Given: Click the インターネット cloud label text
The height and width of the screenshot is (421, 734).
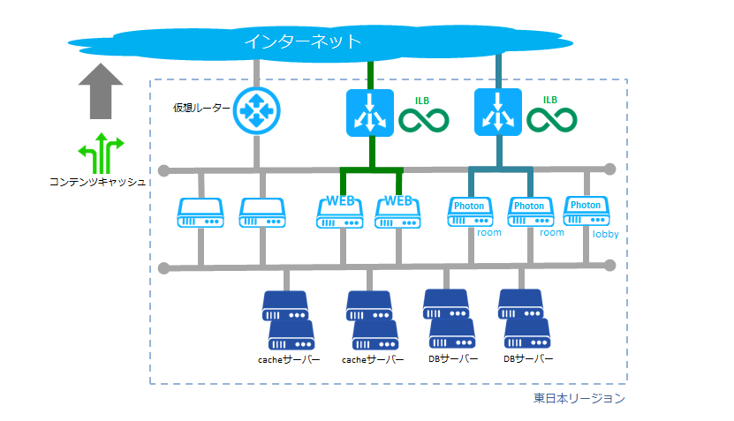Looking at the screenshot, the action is click(x=303, y=41).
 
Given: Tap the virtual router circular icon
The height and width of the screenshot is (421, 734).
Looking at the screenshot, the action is click(x=256, y=111).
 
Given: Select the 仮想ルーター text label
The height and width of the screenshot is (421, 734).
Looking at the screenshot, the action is click(x=201, y=108).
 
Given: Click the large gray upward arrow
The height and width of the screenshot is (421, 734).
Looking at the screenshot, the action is click(x=101, y=91).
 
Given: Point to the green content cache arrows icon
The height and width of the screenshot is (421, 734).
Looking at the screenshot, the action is click(x=101, y=153).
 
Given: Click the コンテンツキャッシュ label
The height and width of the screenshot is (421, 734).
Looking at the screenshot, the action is click(x=97, y=182).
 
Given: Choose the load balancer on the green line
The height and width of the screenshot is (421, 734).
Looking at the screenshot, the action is click(x=370, y=113).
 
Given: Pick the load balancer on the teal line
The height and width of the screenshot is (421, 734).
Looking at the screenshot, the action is click(x=498, y=112).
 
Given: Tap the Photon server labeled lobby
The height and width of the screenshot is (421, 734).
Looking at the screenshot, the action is click(x=586, y=211).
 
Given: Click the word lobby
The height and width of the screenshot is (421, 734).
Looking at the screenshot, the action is click(x=606, y=234).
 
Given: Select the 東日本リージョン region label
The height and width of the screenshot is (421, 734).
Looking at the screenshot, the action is click(x=579, y=398).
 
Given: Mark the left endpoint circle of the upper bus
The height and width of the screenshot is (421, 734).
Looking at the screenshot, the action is click(x=163, y=170).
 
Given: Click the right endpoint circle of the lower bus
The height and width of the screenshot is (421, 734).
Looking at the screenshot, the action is click(x=609, y=266).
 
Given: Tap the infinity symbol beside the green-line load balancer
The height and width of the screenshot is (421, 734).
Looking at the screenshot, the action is click(x=424, y=120).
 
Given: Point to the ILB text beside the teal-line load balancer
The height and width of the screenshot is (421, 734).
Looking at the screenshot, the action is click(x=550, y=100).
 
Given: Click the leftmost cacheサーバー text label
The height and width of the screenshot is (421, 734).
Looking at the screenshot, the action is click(x=289, y=360).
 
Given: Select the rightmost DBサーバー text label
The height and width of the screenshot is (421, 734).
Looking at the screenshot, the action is click(x=528, y=359).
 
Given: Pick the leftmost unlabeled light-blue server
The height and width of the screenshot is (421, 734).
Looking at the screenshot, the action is click(x=201, y=213).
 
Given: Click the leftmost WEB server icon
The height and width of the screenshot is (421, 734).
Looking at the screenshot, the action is click(x=340, y=213).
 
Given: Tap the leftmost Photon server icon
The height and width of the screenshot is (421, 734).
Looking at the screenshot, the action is click(x=470, y=212).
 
